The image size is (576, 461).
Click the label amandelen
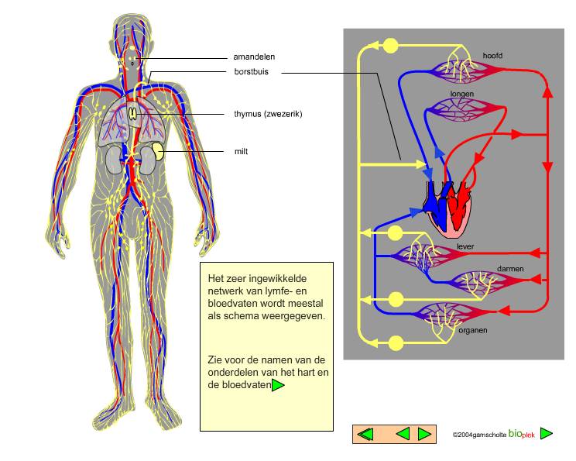click(x=254, y=57)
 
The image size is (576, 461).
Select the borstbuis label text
click(x=252, y=72)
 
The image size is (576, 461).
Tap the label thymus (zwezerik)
click(x=268, y=114)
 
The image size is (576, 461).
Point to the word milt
click(x=241, y=151)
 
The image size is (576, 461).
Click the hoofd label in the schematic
click(x=492, y=56)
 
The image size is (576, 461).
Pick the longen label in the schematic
click(x=461, y=94)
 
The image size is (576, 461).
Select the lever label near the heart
click(x=465, y=246)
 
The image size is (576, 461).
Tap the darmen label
click(x=510, y=269)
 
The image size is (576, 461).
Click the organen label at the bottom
click(x=473, y=330)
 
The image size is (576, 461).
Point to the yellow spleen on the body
click(x=159, y=151)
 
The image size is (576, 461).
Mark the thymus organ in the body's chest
click(x=133, y=114)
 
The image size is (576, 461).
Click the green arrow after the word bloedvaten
click(x=278, y=385)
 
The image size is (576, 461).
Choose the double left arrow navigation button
click(x=365, y=434)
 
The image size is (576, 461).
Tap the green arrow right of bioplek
click(x=547, y=433)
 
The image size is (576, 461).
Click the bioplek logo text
click(x=522, y=434)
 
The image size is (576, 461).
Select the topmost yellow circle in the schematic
click(x=390, y=46)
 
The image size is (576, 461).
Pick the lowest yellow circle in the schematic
click(x=396, y=343)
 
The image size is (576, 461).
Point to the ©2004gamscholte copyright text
click(x=479, y=435)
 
